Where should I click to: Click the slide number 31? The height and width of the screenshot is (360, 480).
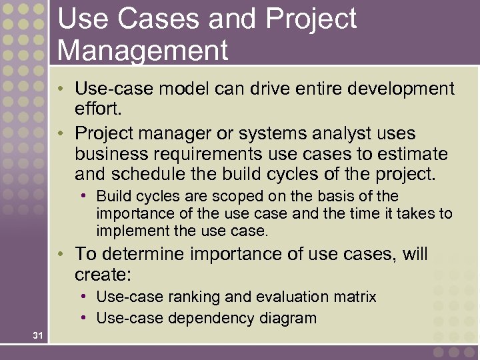click(37, 335)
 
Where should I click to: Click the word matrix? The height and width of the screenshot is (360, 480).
click(355, 297)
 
